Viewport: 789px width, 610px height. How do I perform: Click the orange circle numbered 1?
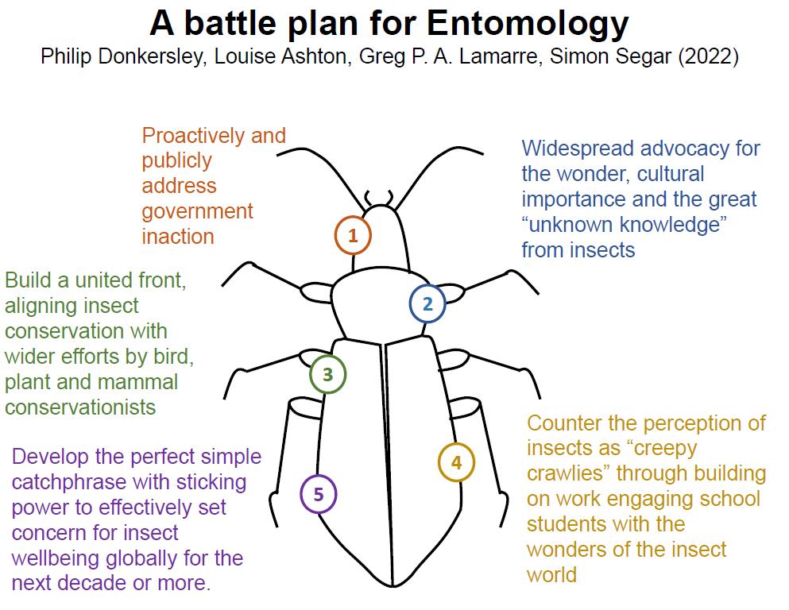tap(353, 235)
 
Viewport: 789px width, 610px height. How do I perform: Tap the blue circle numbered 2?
tap(427, 303)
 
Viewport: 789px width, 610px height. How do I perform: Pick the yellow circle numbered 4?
tap(456, 462)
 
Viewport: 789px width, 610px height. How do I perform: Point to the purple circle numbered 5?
tap(319, 494)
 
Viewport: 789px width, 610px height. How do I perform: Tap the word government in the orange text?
tap(197, 211)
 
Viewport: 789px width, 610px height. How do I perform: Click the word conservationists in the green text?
tap(80, 407)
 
